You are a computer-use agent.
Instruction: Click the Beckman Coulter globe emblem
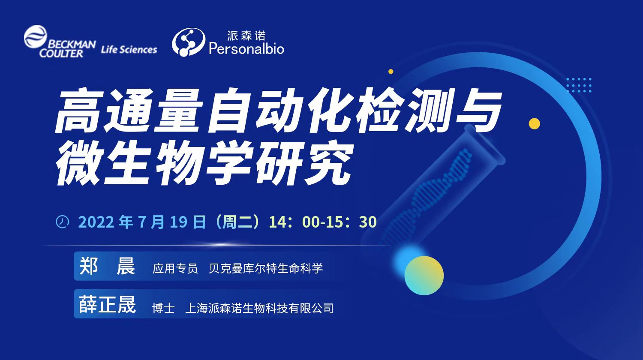35,36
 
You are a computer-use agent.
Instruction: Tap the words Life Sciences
129,49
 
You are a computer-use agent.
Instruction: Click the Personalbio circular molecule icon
188,42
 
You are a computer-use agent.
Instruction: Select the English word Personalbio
246,48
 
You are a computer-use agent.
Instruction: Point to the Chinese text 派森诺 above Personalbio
246,36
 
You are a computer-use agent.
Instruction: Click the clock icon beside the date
62,222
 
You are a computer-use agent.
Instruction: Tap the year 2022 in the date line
96,222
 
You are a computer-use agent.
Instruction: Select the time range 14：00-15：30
323,222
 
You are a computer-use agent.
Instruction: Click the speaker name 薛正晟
107,304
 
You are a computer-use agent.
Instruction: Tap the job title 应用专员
175,269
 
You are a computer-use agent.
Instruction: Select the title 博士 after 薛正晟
163,308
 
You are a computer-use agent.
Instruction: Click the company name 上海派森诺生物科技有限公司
259,308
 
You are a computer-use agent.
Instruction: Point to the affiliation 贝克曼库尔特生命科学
266,269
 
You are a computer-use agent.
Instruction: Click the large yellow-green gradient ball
424,276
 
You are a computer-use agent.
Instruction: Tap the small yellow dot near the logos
391,72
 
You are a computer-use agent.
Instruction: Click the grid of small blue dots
579,85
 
